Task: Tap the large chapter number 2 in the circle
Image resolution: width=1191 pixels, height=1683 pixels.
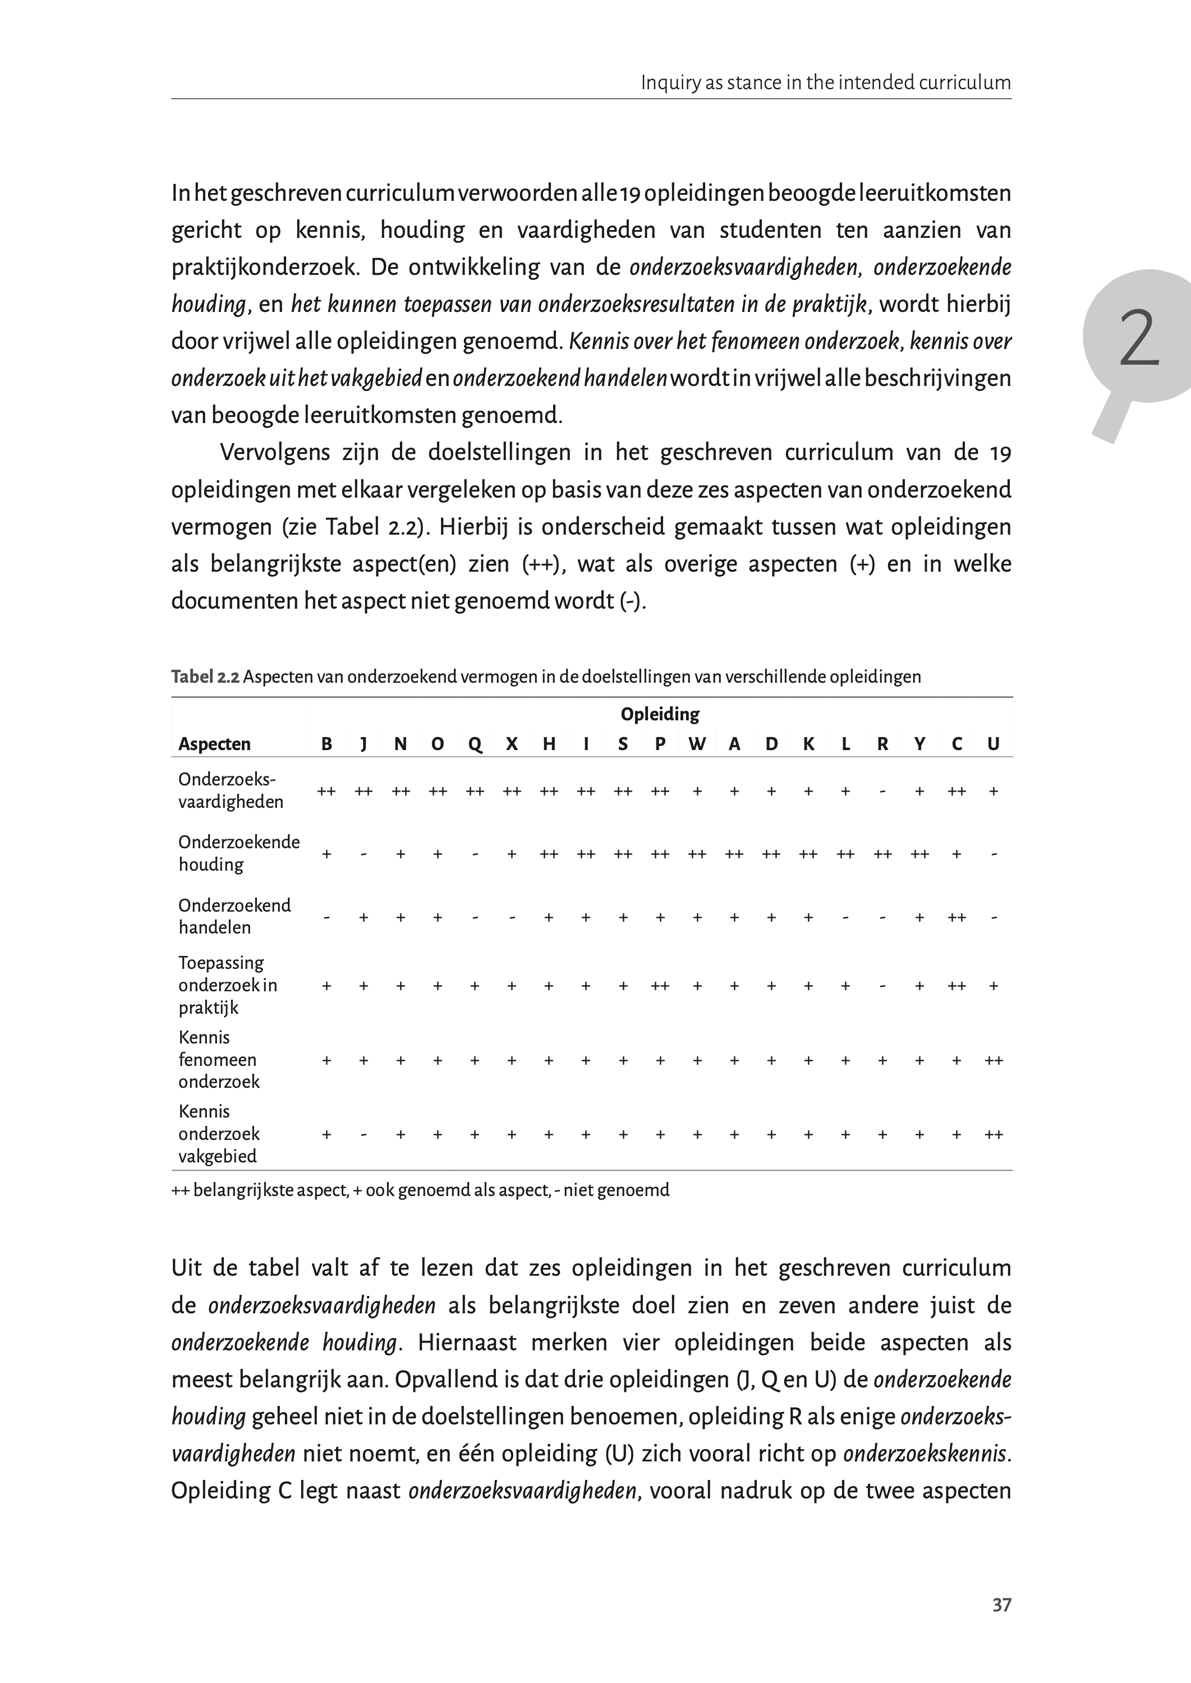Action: (x=1138, y=338)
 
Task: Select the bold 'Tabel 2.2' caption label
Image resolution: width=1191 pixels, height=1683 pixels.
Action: (x=205, y=676)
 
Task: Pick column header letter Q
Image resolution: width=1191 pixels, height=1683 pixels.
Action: (x=475, y=744)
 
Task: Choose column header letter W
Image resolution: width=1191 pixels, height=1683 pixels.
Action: (x=697, y=744)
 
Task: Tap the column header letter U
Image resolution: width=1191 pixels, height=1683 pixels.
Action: (x=993, y=744)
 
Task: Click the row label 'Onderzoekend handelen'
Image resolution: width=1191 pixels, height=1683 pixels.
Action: (x=234, y=916)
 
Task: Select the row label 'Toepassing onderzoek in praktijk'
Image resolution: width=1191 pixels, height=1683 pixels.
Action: (x=227, y=985)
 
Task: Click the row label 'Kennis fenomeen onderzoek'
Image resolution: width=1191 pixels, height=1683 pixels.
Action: (x=219, y=1059)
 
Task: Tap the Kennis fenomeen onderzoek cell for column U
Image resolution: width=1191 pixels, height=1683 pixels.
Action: (x=994, y=1060)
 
